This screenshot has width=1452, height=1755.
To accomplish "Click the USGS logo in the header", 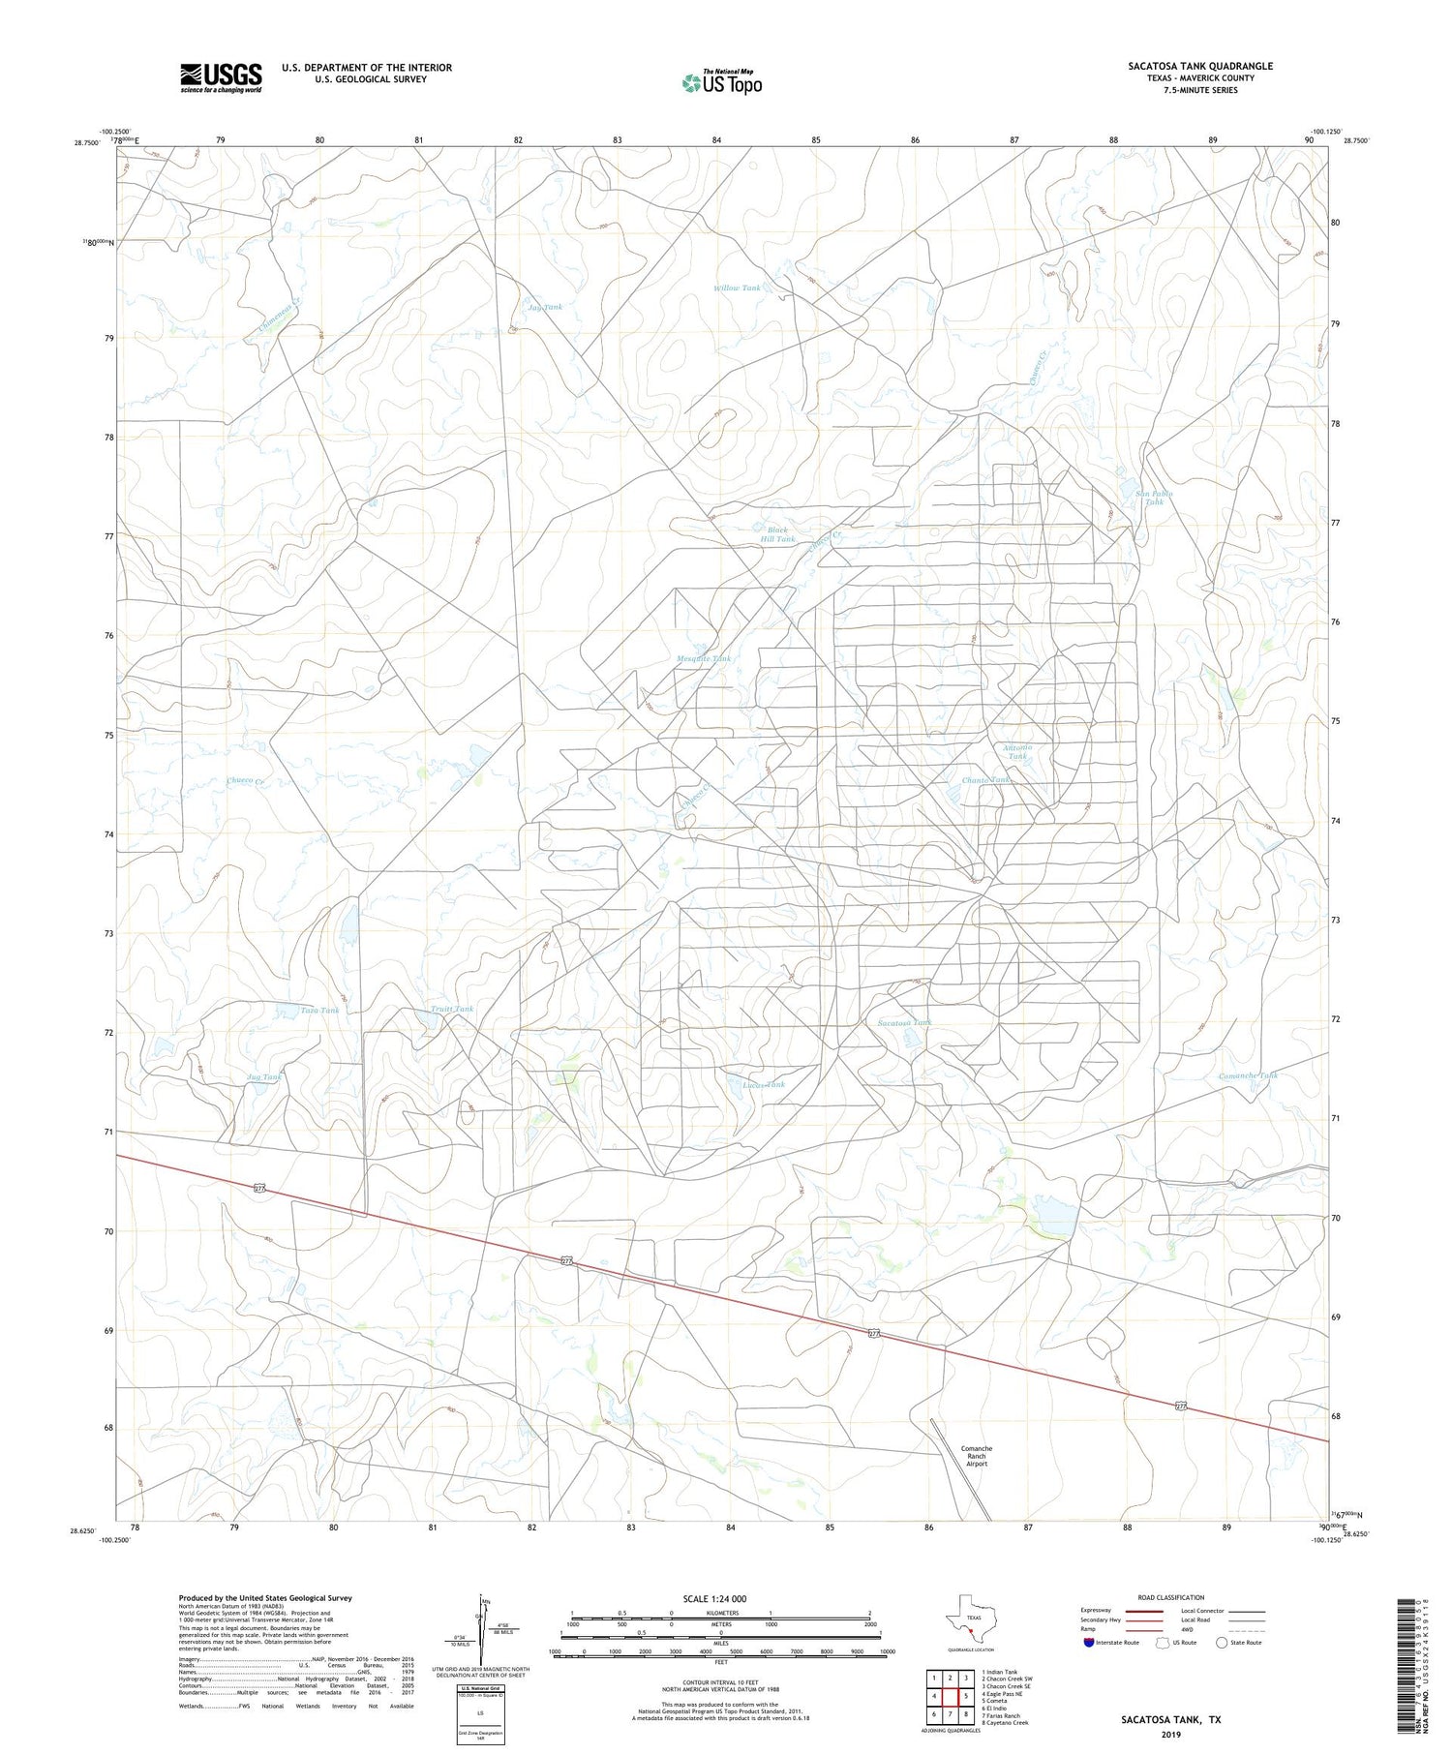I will click(x=221, y=77).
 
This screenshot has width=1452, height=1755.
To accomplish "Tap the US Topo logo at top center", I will click(x=721, y=82).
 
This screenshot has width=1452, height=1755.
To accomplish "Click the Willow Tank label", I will click(x=737, y=287).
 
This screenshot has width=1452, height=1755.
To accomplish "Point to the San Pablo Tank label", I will click(x=1154, y=498).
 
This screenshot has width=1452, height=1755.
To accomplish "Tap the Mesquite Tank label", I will click(x=704, y=658).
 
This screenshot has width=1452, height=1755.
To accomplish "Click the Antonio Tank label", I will click(x=1017, y=751).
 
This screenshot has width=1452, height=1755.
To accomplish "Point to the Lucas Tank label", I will click(x=764, y=1084).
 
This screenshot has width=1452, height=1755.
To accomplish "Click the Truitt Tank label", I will click(x=452, y=1009).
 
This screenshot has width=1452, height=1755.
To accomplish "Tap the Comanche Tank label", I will click(x=1248, y=1075).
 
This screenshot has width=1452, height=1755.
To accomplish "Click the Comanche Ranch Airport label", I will click(x=976, y=1456).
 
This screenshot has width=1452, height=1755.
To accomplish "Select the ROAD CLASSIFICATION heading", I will click(x=1169, y=1597).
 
